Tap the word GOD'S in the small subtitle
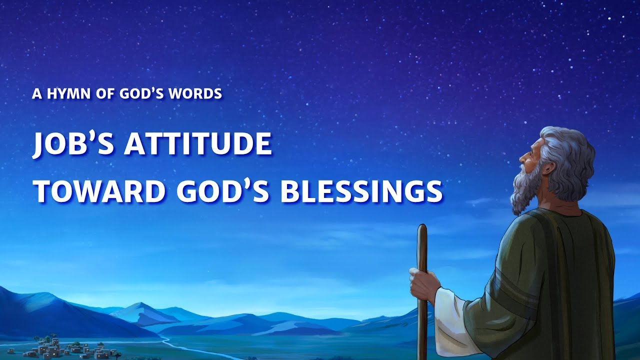[x=140, y=93]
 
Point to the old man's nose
[x=521, y=157]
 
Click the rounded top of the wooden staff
[x=422, y=229]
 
